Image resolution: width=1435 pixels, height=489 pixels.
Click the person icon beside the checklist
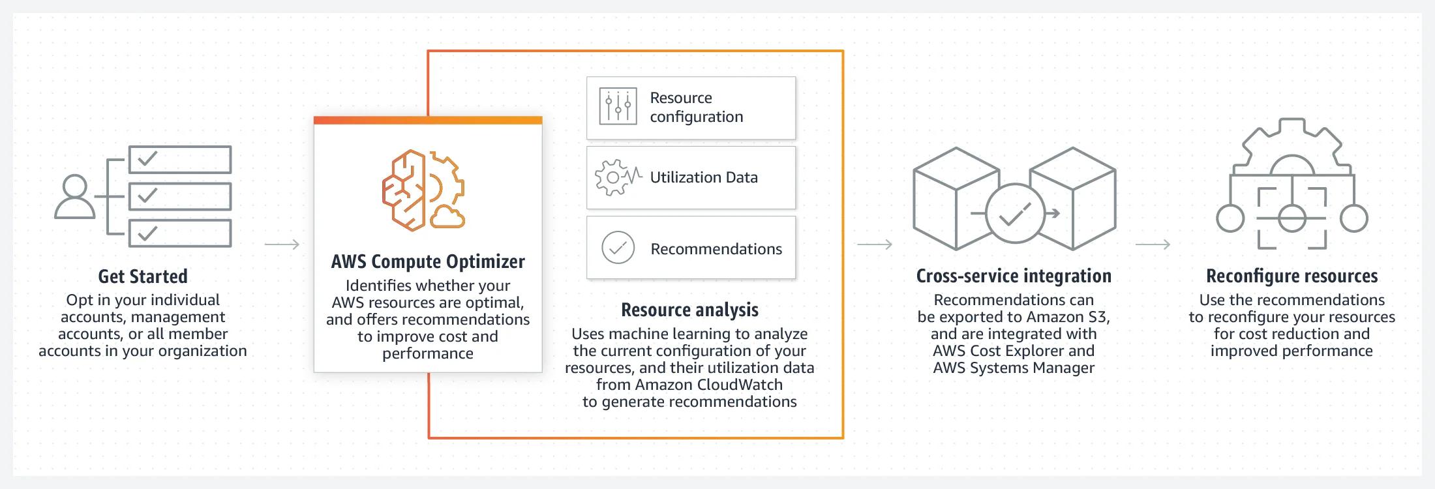click(x=74, y=196)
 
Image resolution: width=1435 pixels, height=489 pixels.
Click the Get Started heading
click(x=143, y=276)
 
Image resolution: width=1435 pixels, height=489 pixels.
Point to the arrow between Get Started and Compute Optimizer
click(x=282, y=244)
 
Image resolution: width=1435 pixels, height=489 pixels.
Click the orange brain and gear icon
click(x=423, y=190)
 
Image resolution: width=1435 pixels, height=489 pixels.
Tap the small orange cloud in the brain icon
click(x=447, y=217)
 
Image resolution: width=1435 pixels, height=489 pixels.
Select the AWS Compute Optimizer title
click(x=428, y=261)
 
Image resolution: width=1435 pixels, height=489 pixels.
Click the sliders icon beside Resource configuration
click(x=618, y=106)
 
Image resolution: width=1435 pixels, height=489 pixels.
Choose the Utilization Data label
click(x=704, y=177)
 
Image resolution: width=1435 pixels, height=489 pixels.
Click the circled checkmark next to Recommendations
click(x=618, y=248)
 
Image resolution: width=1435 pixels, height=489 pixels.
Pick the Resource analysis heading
click(x=689, y=310)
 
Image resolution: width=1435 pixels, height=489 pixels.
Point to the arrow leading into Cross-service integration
click(x=874, y=244)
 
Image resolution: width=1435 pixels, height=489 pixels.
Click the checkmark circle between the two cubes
click(x=1015, y=214)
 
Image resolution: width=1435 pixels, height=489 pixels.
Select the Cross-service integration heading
click(x=1014, y=276)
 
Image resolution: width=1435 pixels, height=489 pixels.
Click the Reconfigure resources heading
click(x=1291, y=276)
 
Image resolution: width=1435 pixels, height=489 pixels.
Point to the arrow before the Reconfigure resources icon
click(x=1153, y=244)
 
